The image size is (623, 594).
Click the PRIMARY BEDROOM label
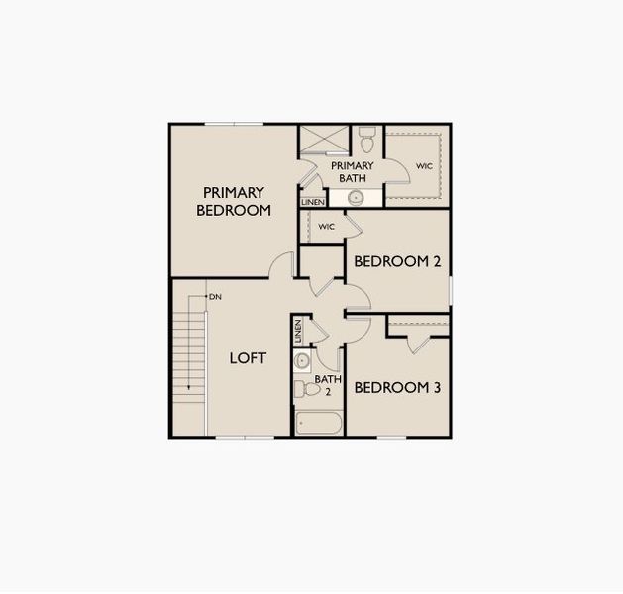click(234, 201)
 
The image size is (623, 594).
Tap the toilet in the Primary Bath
click(366, 135)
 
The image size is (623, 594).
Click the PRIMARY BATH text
click(352, 172)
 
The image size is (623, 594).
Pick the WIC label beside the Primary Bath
click(423, 166)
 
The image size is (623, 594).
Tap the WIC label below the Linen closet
click(326, 227)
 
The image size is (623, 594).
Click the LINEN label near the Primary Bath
click(312, 203)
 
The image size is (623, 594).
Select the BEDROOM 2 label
click(397, 262)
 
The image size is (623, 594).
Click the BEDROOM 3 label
click(397, 388)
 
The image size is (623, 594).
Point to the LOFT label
click(248, 358)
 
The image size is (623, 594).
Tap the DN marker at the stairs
click(215, 297)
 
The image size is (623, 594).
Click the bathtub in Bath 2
click(320, 424)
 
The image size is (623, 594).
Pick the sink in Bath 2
click(303, 359)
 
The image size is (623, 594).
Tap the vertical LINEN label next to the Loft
click(298, 332)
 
